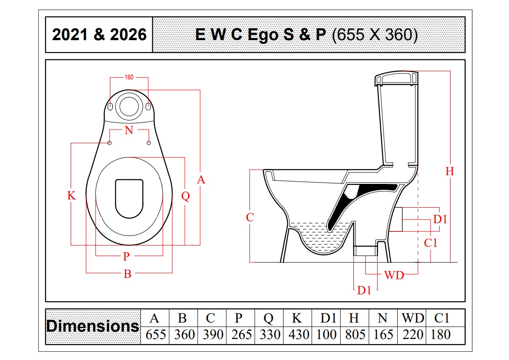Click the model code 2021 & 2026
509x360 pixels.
[x=99, y=35]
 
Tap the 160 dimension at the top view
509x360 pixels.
[x=129, y=77]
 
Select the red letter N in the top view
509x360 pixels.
[x=129, y=130]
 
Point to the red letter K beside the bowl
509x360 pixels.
[x=72, y=195]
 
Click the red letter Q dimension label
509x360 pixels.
[x=185, y=196]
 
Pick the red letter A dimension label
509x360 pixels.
[x=201, y=179]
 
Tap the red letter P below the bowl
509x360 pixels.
[x=126, y=256]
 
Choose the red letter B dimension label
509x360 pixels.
[x=128, y=274]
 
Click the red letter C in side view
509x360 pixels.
[x=249, y=218]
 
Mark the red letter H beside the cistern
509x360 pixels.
[x=450, y=172]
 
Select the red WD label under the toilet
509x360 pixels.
[x=394, y=275]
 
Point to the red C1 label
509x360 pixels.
[x=431, y=243]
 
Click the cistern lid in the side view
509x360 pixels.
[x=396, y=79]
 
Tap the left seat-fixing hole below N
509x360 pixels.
[x=109, y=143]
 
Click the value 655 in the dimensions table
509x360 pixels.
[x=156, y=335]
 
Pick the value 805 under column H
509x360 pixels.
[x=355, y=335]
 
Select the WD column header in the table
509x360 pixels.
[x=413, y=318]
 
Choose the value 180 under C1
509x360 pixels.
[x=441, y=335]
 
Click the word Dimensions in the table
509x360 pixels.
[x=93, y=326]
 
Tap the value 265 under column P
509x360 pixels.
[x=242, y=335]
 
